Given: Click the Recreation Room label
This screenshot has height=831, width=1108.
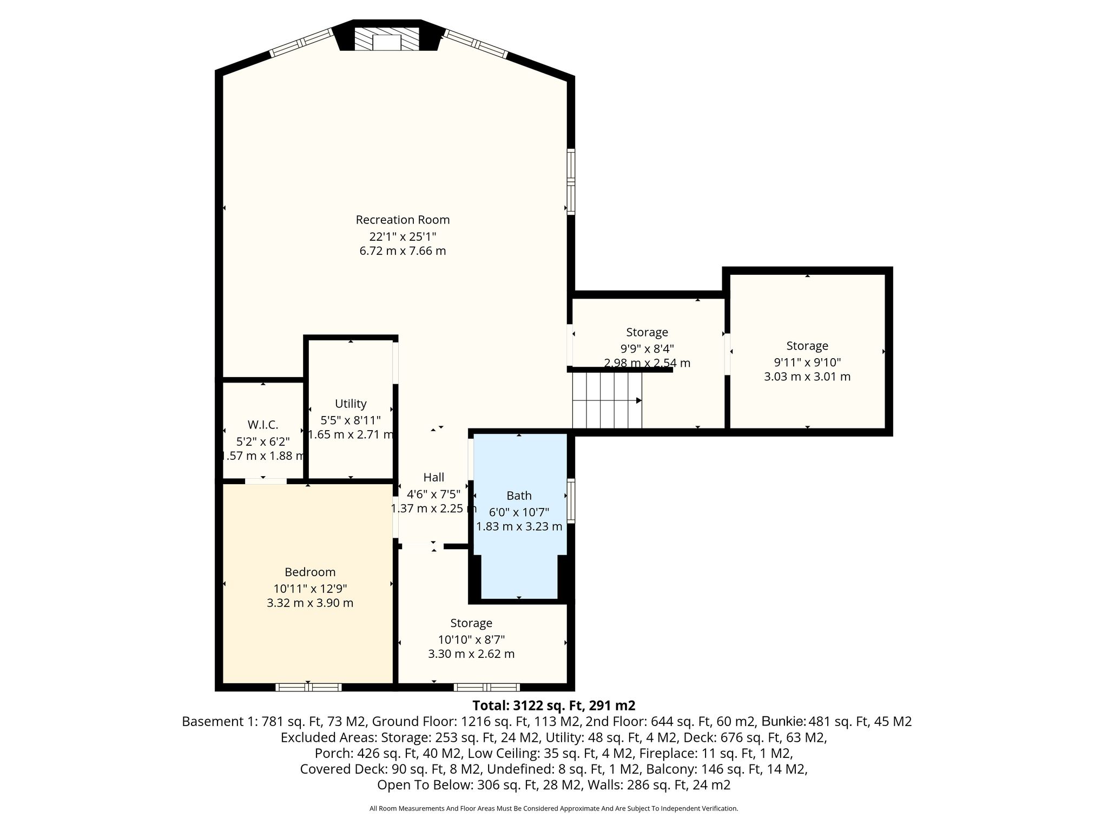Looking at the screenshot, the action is point(403,220).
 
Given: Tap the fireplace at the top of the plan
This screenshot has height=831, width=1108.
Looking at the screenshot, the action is point(387,39).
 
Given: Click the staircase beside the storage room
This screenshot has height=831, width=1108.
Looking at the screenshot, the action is point(607,400).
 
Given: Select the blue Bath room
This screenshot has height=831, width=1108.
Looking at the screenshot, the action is point(519,517).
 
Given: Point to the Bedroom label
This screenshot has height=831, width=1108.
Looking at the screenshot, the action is point(310,572).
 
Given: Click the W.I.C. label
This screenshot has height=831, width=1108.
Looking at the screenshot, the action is point(263,425).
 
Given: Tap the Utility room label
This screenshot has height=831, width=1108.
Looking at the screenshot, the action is point(351,404).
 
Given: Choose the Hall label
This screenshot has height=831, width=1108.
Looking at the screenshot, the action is point(433,477).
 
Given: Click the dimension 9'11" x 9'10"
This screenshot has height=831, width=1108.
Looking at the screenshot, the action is point(807,362).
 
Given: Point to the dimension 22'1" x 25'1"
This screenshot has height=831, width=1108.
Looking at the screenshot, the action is point(403,236).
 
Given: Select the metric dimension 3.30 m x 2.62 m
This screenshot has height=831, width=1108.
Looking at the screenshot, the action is point(471,654).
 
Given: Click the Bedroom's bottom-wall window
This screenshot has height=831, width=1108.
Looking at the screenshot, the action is point(308,687).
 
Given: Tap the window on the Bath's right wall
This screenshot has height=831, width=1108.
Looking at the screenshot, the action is point(571,500).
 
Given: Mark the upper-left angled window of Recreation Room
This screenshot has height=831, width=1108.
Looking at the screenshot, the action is point(301,42).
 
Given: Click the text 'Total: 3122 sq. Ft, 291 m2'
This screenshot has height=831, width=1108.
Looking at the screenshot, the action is point(554,705).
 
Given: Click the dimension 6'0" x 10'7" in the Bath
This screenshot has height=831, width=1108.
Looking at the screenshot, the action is point(519,512).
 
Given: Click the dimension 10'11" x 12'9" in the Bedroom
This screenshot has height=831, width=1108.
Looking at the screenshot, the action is point(310,588).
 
